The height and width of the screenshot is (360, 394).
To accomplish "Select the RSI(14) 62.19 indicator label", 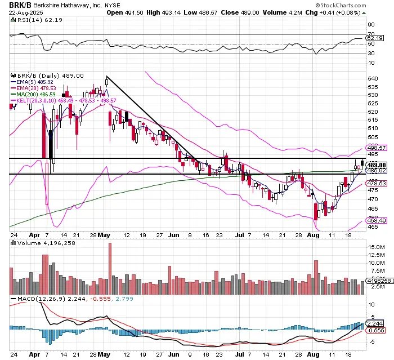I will click(x=32, y=19).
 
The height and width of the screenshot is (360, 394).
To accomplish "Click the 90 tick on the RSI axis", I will click(x=371, y=25).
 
